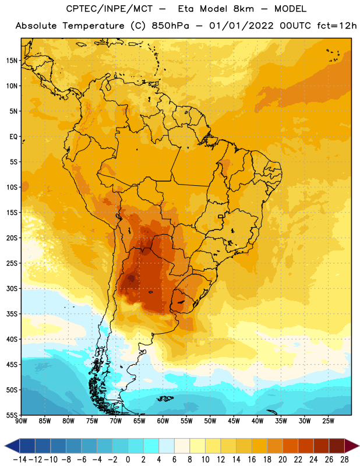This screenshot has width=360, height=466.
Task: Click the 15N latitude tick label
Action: (12, 61)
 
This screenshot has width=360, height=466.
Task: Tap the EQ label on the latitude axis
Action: (13, 137)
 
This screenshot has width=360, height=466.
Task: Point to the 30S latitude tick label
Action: (12, 288)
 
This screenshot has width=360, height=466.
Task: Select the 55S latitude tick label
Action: (12, 415)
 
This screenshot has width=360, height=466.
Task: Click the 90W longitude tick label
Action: (21, 421)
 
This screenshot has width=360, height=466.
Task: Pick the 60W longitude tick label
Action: (163, 421)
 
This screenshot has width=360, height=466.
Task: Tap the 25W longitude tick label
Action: (328, 421)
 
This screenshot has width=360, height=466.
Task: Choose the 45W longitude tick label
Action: (234, 421)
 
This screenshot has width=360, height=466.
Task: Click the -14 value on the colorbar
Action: (20, 460)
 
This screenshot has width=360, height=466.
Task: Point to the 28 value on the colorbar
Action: (344, 460)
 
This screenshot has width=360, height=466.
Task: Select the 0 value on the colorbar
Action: (128, 460)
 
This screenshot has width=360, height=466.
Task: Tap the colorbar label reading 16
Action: (252, 460)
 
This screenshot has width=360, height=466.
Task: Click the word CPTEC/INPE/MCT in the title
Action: (109, 9)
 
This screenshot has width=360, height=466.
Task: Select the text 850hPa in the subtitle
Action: (170, 26)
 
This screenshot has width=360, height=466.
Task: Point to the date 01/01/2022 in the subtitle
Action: (241, 26)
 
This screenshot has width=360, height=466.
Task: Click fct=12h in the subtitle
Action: (337, 26)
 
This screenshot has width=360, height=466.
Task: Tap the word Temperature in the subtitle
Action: (93, 26)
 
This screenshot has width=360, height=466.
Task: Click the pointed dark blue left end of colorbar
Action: (12, 446)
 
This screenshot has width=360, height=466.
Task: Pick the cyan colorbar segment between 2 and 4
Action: (151, 446)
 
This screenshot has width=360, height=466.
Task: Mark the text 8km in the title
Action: (243, 9)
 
